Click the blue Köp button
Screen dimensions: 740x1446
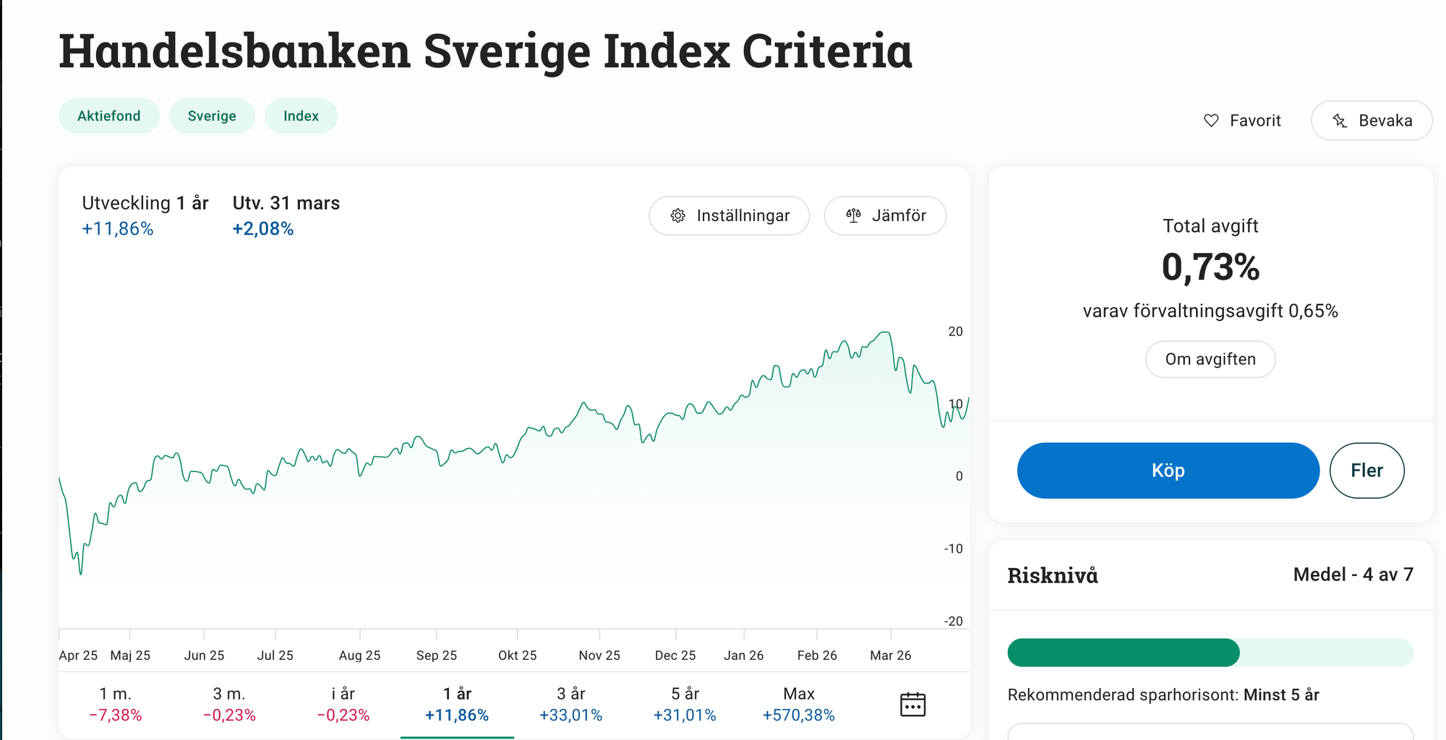(x=1168, y=470)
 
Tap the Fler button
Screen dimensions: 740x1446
(x=1366, y=470)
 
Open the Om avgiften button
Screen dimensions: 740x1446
(x=1210, y=359)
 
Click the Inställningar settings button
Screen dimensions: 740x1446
(x=729, y=215)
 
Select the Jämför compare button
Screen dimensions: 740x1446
(x=885, y=215)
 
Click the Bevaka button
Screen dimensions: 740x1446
(x=1372, y=121)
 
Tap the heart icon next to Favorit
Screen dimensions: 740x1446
(x=1211, y=121)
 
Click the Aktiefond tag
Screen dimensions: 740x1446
(x=109, y=116)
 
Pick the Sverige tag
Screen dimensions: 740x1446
(x=212, y=116)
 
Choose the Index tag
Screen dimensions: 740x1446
(x=301, y=116)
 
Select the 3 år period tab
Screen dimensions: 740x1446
(x=570, y=704)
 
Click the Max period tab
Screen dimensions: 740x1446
(x=798, y=704)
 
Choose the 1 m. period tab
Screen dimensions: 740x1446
(x=116, y=704)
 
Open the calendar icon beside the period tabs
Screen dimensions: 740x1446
(x=912, y=704)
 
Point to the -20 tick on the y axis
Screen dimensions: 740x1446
(x=954, y=621)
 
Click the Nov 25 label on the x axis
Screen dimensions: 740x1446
(x=599, y=655)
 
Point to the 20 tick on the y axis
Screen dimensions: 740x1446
(x=955, y=332)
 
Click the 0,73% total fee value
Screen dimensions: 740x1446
(x=1210, y=267)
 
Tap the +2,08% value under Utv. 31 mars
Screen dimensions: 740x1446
(x=263, y=229)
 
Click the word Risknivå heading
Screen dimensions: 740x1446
(x=1053, y=575)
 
